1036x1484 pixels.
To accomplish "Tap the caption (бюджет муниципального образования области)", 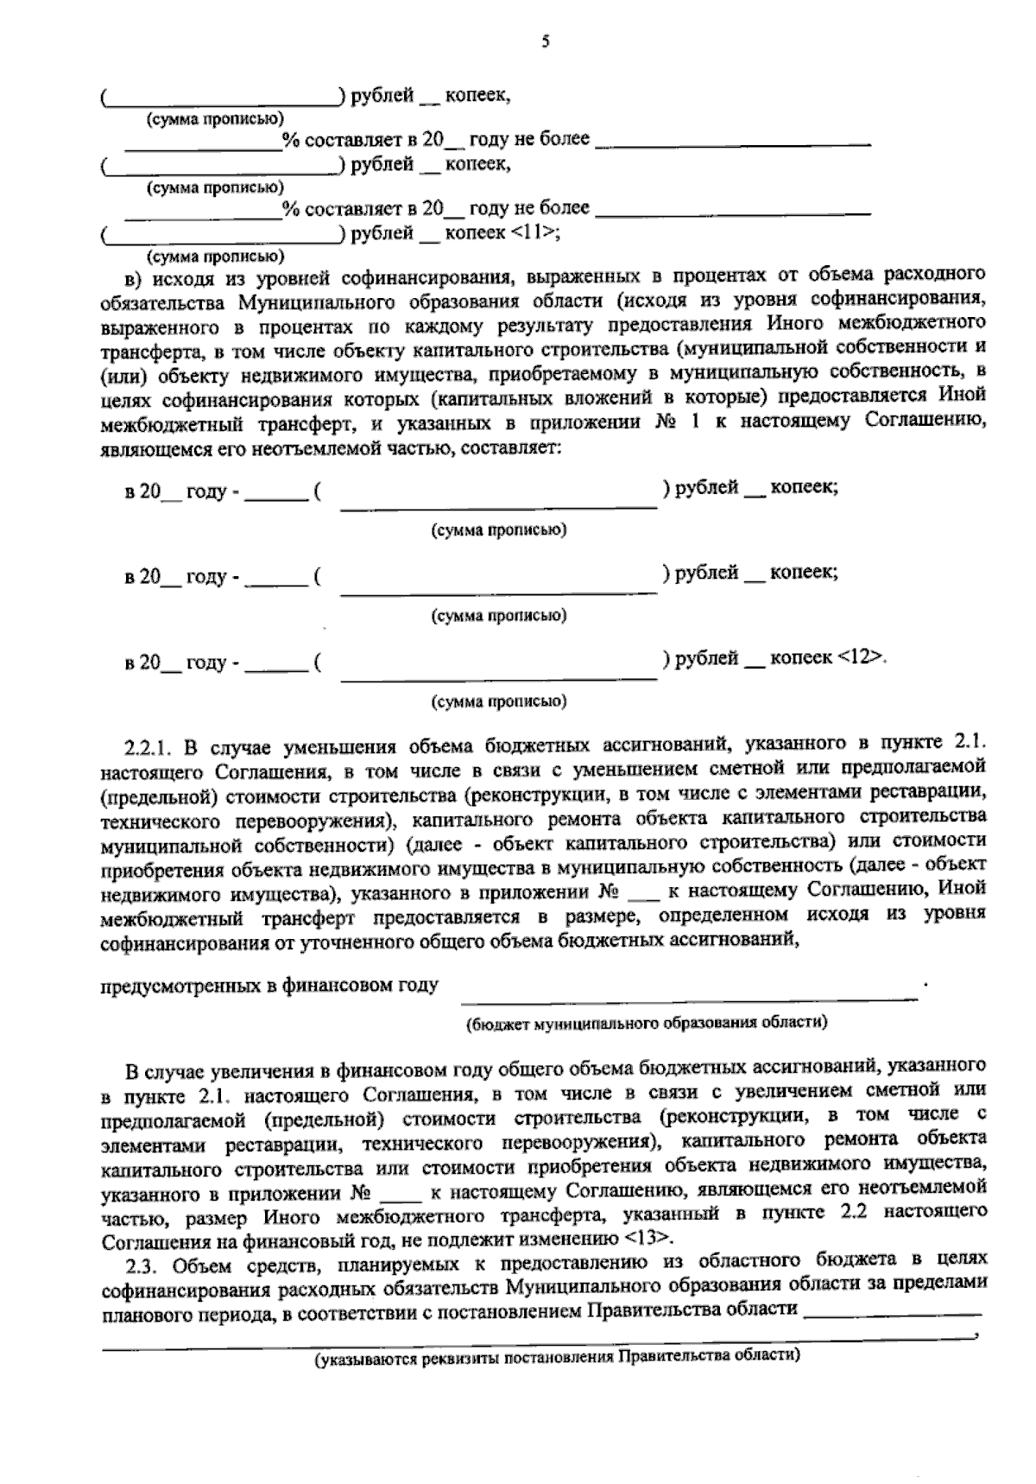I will [647, 1023].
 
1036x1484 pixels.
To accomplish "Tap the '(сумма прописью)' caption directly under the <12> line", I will [499, 701].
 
